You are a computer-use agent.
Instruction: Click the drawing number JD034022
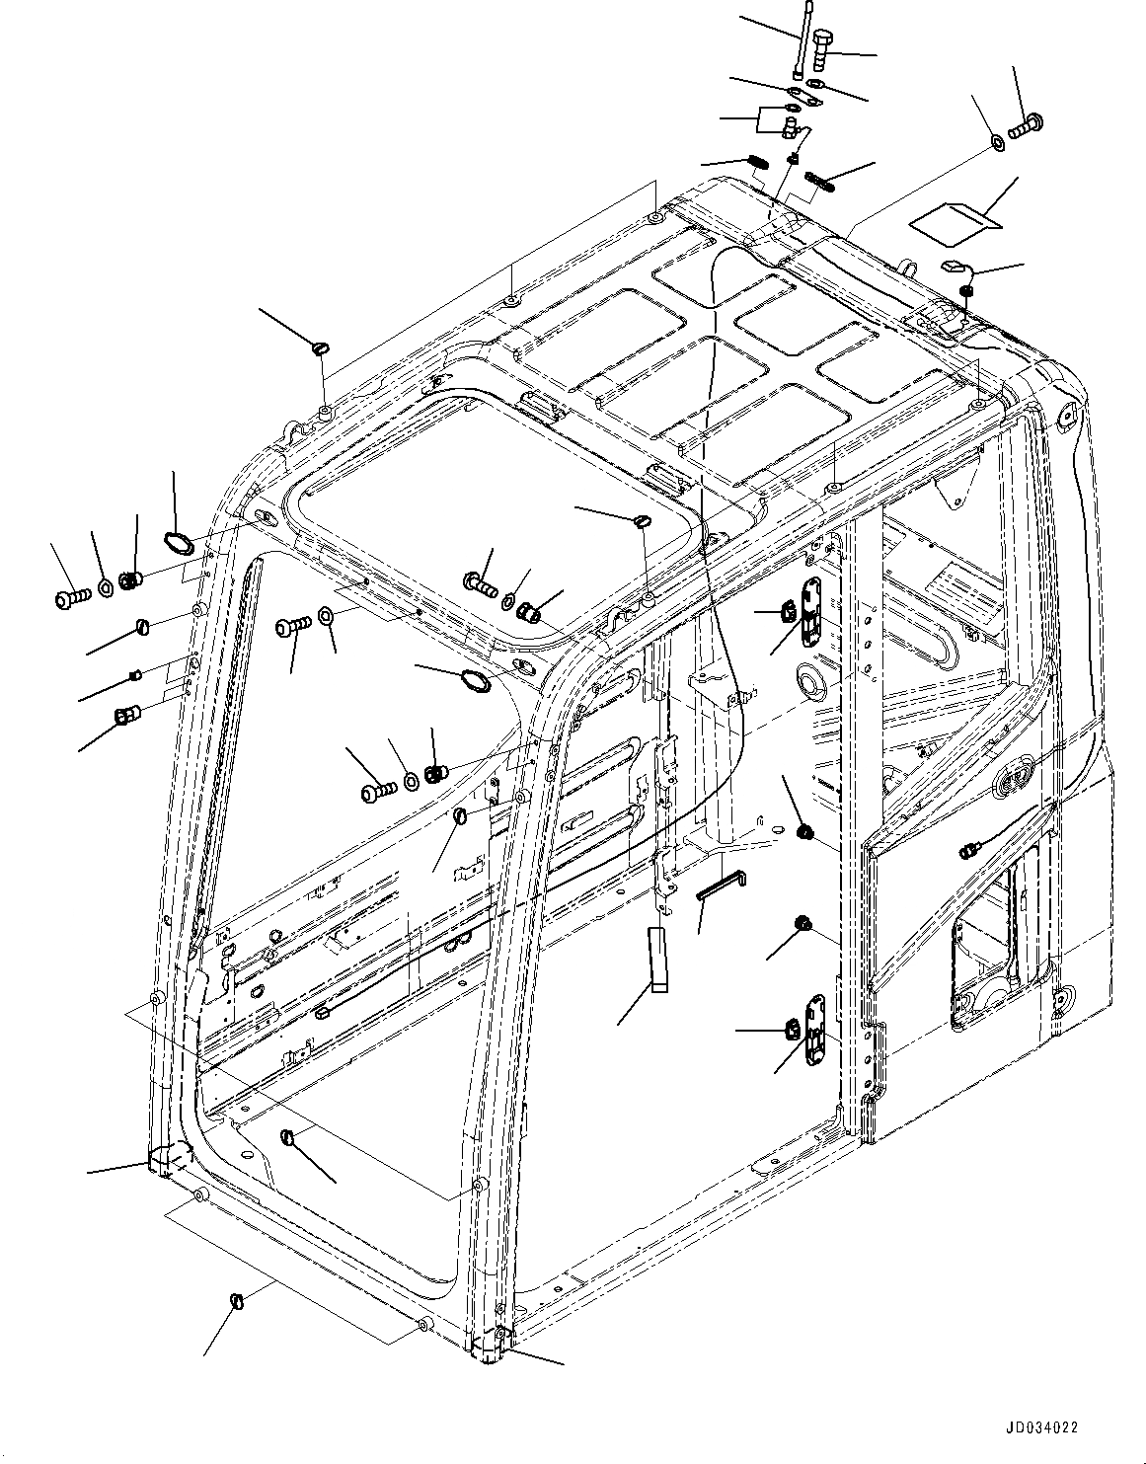[x=1042, y=1427]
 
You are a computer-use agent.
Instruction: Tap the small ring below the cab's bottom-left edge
[x=236, y=1299]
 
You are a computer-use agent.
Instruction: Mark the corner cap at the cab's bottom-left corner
[x=161, y=1159]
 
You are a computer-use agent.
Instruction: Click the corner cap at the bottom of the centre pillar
[x=490, y=1345]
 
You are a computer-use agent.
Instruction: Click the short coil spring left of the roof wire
[x=756, y=161]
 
